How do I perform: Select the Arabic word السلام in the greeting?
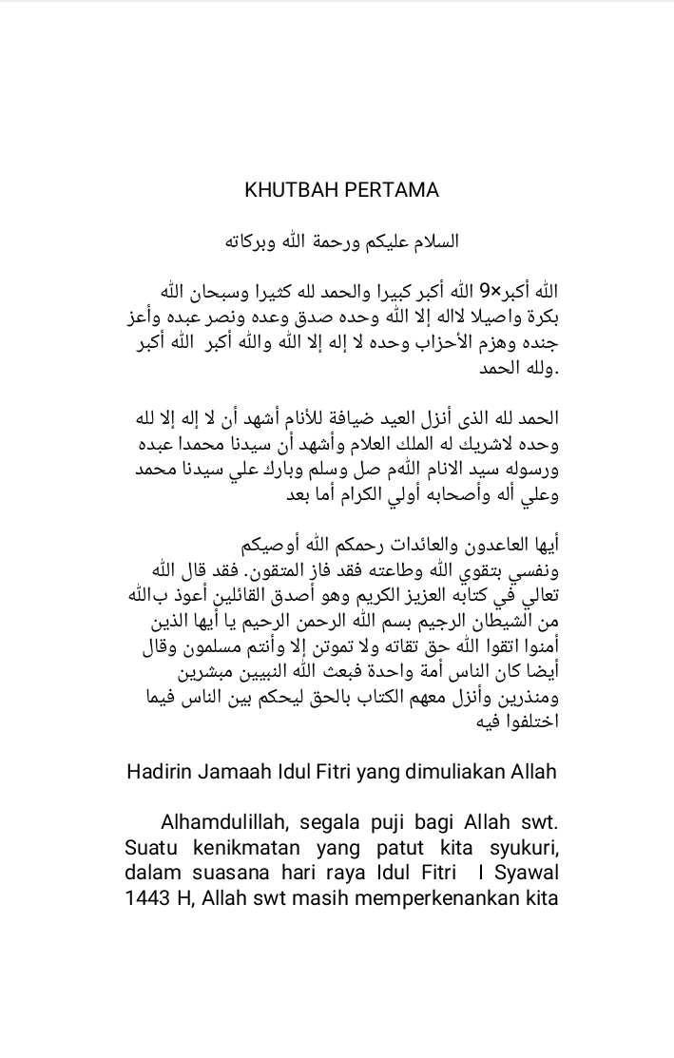pos(431,240)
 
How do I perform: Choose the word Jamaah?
pos(234,771)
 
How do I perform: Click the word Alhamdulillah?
pos(221,820)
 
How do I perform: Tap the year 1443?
pos(146,897)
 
